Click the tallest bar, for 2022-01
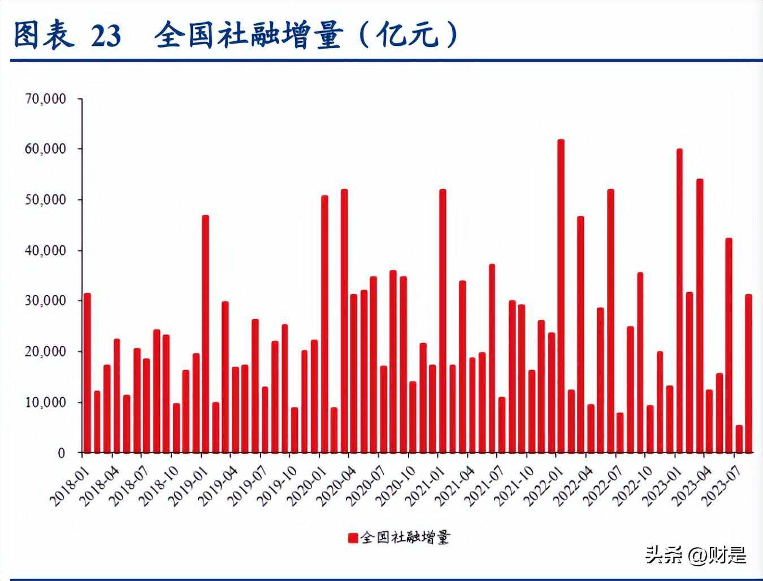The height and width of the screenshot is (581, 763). pos(561,296)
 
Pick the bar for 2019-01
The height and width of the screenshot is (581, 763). pos(205,334)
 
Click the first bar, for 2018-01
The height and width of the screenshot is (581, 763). pos(87,373)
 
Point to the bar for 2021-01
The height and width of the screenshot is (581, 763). pos(443,321)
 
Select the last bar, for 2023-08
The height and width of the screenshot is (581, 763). pos(748,374)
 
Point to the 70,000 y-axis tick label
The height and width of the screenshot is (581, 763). pos(46,99)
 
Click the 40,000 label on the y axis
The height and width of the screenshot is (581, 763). pos(46,250)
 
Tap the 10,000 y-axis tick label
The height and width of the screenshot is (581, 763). pos(46,402)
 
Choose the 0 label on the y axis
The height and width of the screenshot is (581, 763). pos(62,453)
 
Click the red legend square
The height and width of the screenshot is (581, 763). pos(353,537)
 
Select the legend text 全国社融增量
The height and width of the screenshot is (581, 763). pos(405,537)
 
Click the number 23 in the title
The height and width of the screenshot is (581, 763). pos(106,36)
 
